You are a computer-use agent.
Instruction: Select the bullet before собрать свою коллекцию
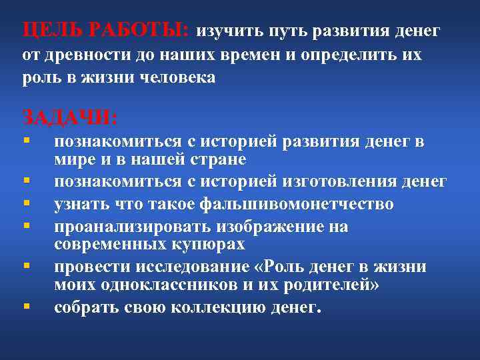(x=25, y=307)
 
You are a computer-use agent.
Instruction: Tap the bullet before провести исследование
(x=25, y=266)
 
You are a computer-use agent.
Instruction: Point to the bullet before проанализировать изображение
(x=25, y=225)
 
